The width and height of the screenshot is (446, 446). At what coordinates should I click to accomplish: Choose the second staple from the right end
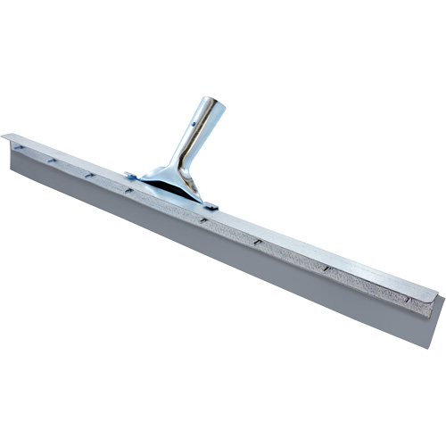point(326,268)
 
